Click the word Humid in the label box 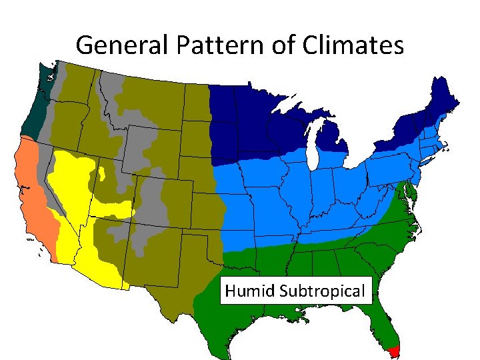coord(251,291)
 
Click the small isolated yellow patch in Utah coord(102,175)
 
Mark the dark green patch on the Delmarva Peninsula coord(411,194)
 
